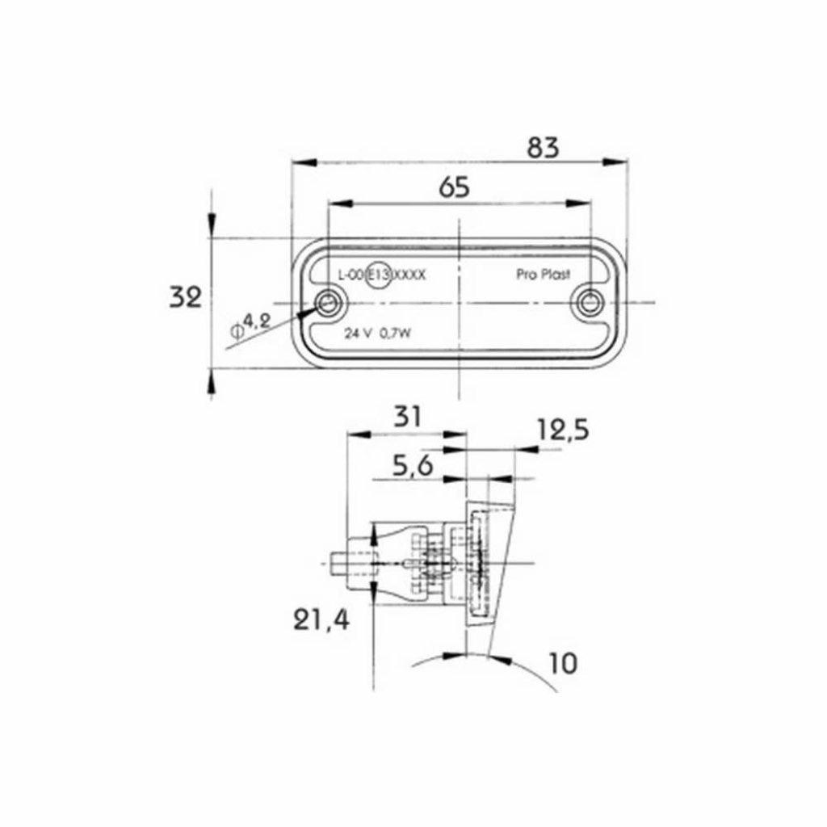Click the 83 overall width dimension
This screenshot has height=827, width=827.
[x=543, y=148]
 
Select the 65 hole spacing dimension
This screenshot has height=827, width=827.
[x=454, y=187]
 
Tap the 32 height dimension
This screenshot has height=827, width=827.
[x=185, y=297]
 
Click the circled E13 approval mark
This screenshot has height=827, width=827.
[x=380, y=275]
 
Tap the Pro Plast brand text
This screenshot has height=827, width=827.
[x=543, y=275]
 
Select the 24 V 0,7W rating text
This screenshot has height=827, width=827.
[x=378, y=334]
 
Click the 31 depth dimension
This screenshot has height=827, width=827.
[x=408, y=417]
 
